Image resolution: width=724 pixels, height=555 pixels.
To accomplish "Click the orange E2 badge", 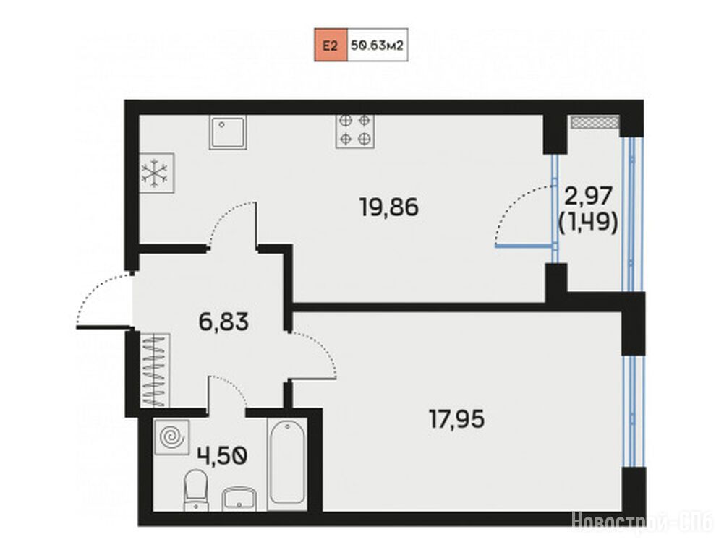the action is pyautogui.click(x=331, y=45).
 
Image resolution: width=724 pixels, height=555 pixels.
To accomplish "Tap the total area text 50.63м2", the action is pyautogui.click(x=378, y=46).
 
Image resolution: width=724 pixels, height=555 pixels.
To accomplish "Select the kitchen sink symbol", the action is pyautogui.click(x=228, y=132).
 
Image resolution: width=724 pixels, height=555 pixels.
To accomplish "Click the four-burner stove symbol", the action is pyautogui.click(x=355, y=131).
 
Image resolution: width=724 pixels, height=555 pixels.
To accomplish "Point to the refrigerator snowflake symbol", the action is pyautogui.click(x=154, y=173).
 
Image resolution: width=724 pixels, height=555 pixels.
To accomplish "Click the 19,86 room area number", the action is pyautogui.click(x=389, y=207).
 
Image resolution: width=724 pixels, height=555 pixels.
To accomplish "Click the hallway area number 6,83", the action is pyautogui.click(x=224, y=321).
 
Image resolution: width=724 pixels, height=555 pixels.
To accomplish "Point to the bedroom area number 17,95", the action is pyautogui.click(x=457, y=419).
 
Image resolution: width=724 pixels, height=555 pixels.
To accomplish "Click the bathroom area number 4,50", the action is pyautogui.click(x=223, y=456).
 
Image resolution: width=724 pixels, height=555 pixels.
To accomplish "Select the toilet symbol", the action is pyautogui.click(x=196, y=490).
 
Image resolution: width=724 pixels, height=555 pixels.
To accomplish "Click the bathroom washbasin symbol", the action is pyautogui.click(x=239, y=499).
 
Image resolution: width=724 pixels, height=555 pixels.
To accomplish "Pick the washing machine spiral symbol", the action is pyautogui.click(x=171, y=437).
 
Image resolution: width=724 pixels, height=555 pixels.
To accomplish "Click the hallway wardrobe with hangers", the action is pyautogui.click(x=154, y=370).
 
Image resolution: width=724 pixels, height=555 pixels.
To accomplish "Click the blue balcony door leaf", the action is pyautogui.click(x=525, y=246).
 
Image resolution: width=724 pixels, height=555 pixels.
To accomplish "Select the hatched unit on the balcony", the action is pyautogui.click(x=595, y=122).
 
